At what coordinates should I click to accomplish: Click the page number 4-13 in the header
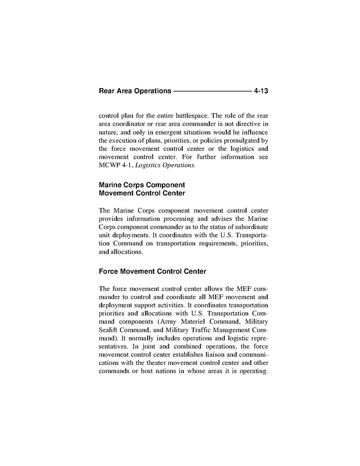pyautogui.click(x=261, y=91)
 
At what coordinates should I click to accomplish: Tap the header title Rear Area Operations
pyautogui.click(x=135, y=91)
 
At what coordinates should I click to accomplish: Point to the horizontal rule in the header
pyautogui.click(x=212, y=91)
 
